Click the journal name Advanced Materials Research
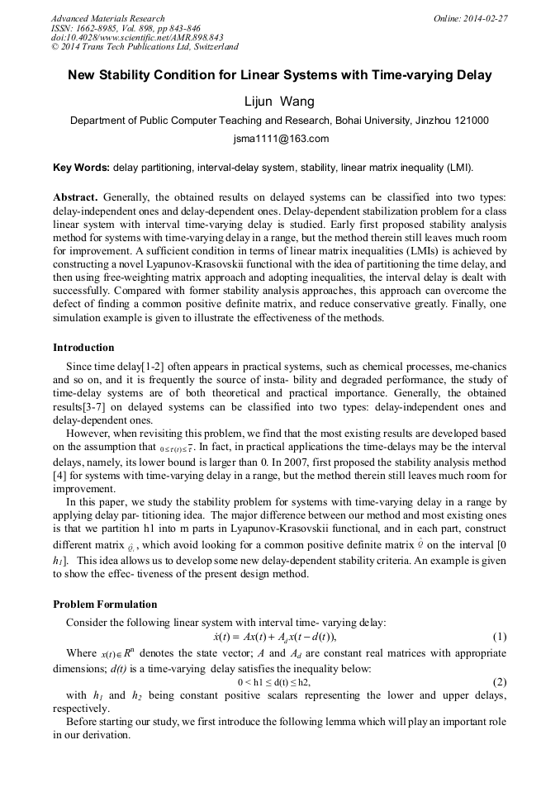click(x=107, y=18)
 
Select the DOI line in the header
click(x=136, y=38)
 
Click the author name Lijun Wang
click(x=280, y=101)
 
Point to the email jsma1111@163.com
click(x=280, y=138)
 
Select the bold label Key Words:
click(x=81, y=168)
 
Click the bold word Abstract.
click(x=76, y=197)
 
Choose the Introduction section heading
click(x=83, y=347)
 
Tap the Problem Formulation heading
click(x=105, y=604)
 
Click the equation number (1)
click(x=499, y=636)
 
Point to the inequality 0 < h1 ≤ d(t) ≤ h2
click(x=274, y=682)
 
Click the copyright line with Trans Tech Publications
click(x=145, y=48)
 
